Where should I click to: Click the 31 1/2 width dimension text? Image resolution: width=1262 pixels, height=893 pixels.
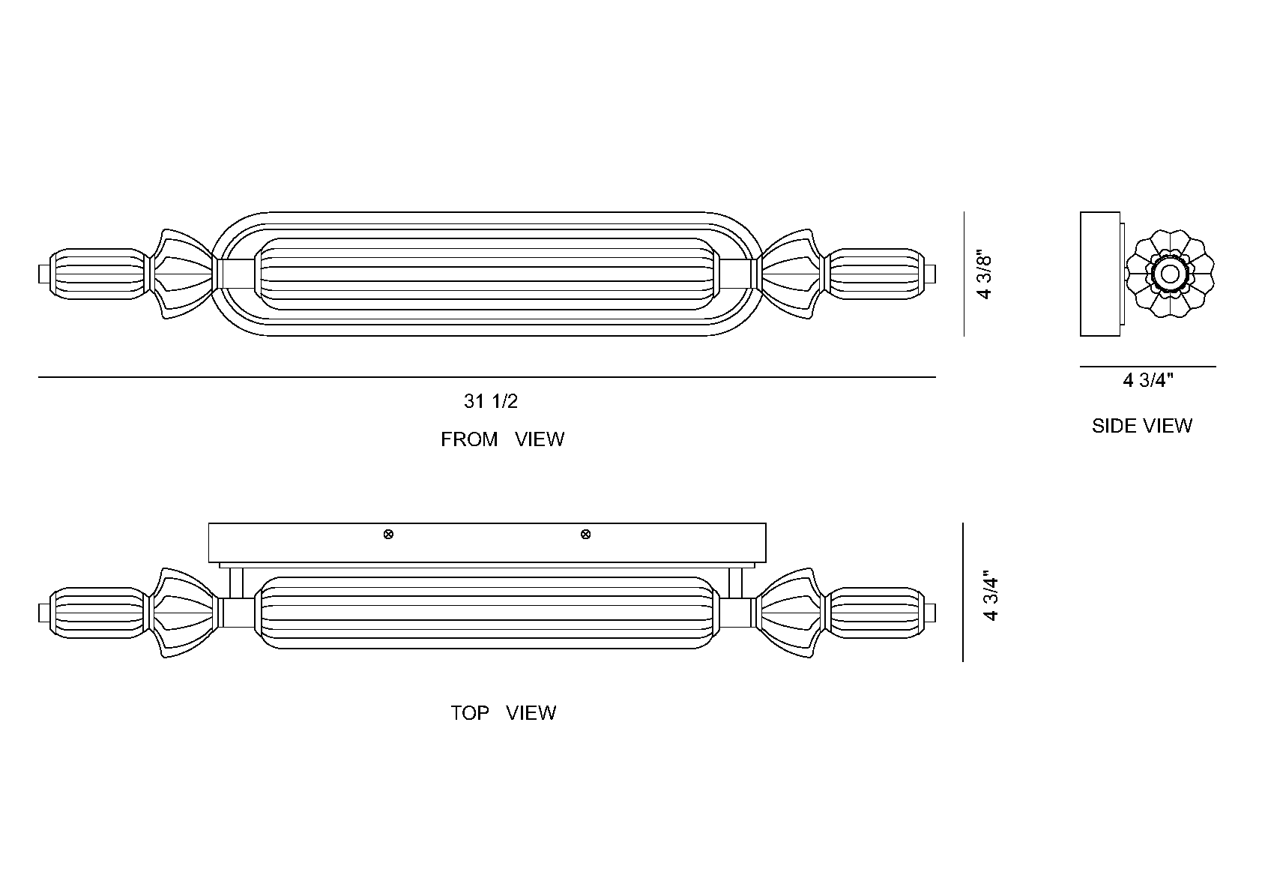click(x=491, y=401)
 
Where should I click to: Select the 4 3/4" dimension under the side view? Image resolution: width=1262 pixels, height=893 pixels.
click(x=1148, y=381)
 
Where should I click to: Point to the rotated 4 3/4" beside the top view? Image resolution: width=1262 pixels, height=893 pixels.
click(x=991, y=598)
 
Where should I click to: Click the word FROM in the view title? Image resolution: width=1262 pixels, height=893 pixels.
click(x=469, y=439)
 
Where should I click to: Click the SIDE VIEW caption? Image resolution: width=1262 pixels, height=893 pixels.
click(x=1142, y=426)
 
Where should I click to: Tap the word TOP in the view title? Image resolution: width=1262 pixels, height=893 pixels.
click(x=469, y=713)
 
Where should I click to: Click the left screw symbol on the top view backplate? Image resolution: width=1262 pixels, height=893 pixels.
click(x=388, y=535)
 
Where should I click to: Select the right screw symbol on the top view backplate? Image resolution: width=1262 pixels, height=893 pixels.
click(x=585, y=535)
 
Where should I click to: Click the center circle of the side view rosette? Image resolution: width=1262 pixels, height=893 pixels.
click(x=1170, y=274)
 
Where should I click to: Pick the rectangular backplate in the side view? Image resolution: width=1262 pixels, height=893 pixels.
click(x=1099, y=274)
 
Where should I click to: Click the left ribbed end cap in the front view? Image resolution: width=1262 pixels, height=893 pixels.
click(x=99, y=274)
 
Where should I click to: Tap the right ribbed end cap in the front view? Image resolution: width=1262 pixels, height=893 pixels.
click(x=875, y=274)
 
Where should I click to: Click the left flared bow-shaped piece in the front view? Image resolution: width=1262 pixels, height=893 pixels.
click(x=184, y=274)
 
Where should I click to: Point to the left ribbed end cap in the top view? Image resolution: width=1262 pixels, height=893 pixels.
click(x=99, y=613)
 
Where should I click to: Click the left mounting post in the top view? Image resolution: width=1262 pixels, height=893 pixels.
click(x=237, y=583)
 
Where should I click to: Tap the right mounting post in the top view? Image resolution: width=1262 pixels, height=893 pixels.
click(x=736, y=583)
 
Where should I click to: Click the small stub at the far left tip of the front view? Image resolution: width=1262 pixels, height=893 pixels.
click(x=44, y=274)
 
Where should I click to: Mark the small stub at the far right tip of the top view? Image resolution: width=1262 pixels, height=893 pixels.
click(x=930, y=613)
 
